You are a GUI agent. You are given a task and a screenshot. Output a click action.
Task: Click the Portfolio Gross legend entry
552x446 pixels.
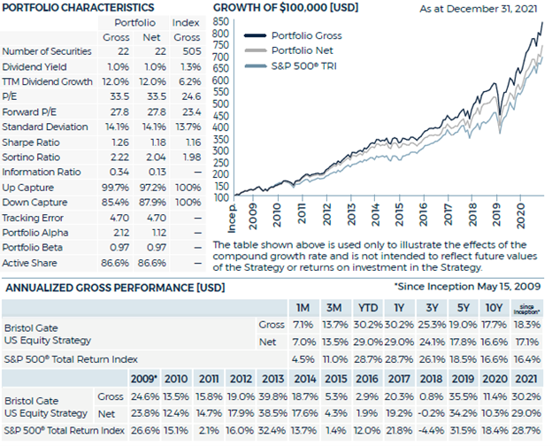293,35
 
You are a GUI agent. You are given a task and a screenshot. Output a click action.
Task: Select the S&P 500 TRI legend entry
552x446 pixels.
290,65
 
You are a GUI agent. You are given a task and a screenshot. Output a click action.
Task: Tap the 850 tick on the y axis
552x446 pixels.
221,22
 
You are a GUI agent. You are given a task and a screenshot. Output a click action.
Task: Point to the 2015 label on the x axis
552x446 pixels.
399,215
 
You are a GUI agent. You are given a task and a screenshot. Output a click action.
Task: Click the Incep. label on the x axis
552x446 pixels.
232,218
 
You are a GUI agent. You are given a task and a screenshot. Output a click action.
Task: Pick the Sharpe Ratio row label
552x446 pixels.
31,142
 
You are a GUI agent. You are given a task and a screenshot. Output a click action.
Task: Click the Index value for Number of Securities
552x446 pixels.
192,51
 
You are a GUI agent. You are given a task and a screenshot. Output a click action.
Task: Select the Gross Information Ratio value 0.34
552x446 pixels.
119,172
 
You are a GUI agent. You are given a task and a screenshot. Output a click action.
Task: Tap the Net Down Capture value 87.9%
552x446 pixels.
152,203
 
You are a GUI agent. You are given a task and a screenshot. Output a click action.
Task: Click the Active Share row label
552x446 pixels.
29,263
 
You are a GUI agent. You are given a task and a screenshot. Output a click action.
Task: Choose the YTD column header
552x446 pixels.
368,308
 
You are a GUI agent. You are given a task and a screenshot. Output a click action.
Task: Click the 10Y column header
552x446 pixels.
494,308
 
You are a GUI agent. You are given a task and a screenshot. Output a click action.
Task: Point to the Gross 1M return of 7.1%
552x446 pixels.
303,325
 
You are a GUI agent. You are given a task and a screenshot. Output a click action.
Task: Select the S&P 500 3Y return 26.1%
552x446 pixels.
432,359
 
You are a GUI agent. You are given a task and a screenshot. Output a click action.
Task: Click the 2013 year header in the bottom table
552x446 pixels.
272,379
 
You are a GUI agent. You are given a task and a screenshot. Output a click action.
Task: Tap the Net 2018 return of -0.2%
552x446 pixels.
432,413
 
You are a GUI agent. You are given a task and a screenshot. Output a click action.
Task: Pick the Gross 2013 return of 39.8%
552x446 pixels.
272,396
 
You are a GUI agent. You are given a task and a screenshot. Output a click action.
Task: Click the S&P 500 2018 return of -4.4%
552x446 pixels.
432,430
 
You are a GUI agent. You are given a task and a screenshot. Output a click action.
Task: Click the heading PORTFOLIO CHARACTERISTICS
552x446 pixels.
78,8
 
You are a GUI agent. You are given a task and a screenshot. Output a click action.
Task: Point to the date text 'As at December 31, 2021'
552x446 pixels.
479,9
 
